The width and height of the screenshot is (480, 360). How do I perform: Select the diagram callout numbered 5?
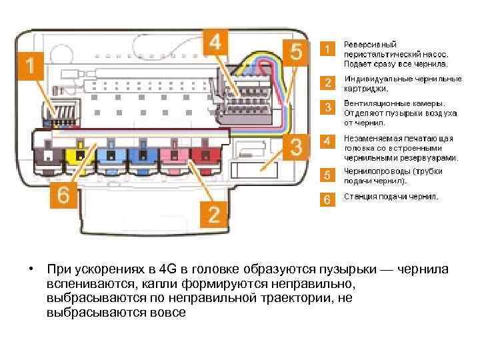pos(297,51)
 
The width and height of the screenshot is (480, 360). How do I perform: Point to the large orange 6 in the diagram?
pos(63,195)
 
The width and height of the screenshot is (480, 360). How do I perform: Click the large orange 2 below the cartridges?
pos(213,213)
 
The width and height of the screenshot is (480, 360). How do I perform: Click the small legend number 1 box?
pos(327,49)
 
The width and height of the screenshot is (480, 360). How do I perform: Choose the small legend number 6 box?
pos(327,199)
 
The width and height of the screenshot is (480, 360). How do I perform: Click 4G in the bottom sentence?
pos(169,269)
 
